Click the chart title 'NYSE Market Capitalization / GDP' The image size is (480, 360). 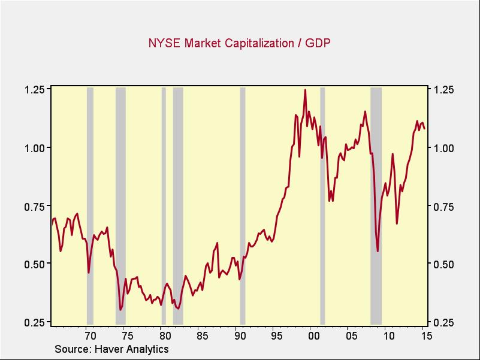(240, 43)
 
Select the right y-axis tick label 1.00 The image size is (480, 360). (444, 148)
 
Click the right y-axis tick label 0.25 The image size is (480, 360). (444, 322)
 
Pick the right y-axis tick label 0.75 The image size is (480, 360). (444, 206)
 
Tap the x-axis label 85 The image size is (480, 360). (201, 335)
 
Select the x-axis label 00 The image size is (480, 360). (314, 335)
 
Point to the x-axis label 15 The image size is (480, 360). (427, 335)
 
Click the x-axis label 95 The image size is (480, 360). (276, 335)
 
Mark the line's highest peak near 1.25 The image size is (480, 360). (305, 90)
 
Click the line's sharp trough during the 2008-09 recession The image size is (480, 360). (378, 251)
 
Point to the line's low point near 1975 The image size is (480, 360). (120, 310)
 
